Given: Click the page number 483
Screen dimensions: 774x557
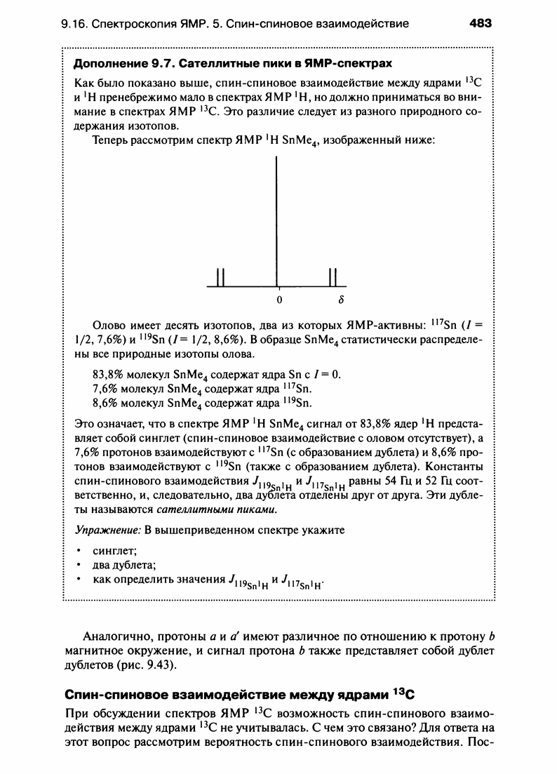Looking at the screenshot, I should coord(481,23).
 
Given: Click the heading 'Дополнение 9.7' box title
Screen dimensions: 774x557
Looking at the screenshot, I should coord(232,64).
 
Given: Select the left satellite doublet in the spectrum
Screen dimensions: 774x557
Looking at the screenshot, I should coord(221,277).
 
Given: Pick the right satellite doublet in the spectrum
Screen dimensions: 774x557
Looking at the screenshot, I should coord(334,277).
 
